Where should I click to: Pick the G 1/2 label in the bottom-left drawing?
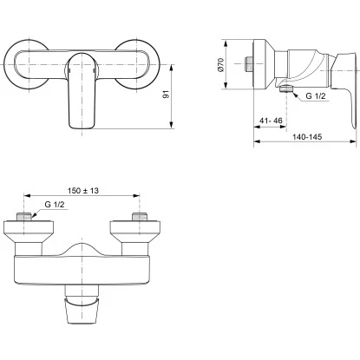click(55, 205)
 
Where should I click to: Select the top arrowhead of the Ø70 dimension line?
click(229, 39)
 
